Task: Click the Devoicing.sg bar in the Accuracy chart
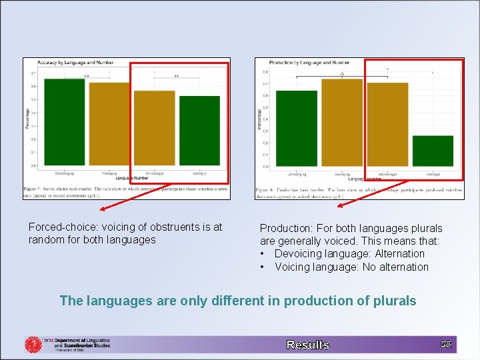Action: (65, 122)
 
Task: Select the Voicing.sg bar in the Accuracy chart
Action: (109, 124)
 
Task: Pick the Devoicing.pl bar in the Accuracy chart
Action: (154, 128)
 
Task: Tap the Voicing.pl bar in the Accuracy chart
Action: (199, 131)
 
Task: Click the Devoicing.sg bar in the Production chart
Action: (297, 129)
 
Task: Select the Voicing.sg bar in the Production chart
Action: (342, 123)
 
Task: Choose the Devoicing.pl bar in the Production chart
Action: (387, 125)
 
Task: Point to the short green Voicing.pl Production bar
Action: (433, 151)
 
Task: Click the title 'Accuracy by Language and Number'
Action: (70, 63)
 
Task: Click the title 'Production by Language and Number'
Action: (300, 63)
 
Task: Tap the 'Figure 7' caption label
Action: (33, 188)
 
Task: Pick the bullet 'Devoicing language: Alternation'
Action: (349, 254)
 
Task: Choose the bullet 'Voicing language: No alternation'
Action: (351, 267)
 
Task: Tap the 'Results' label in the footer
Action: (307, 345)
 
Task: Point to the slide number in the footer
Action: (446, 344)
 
